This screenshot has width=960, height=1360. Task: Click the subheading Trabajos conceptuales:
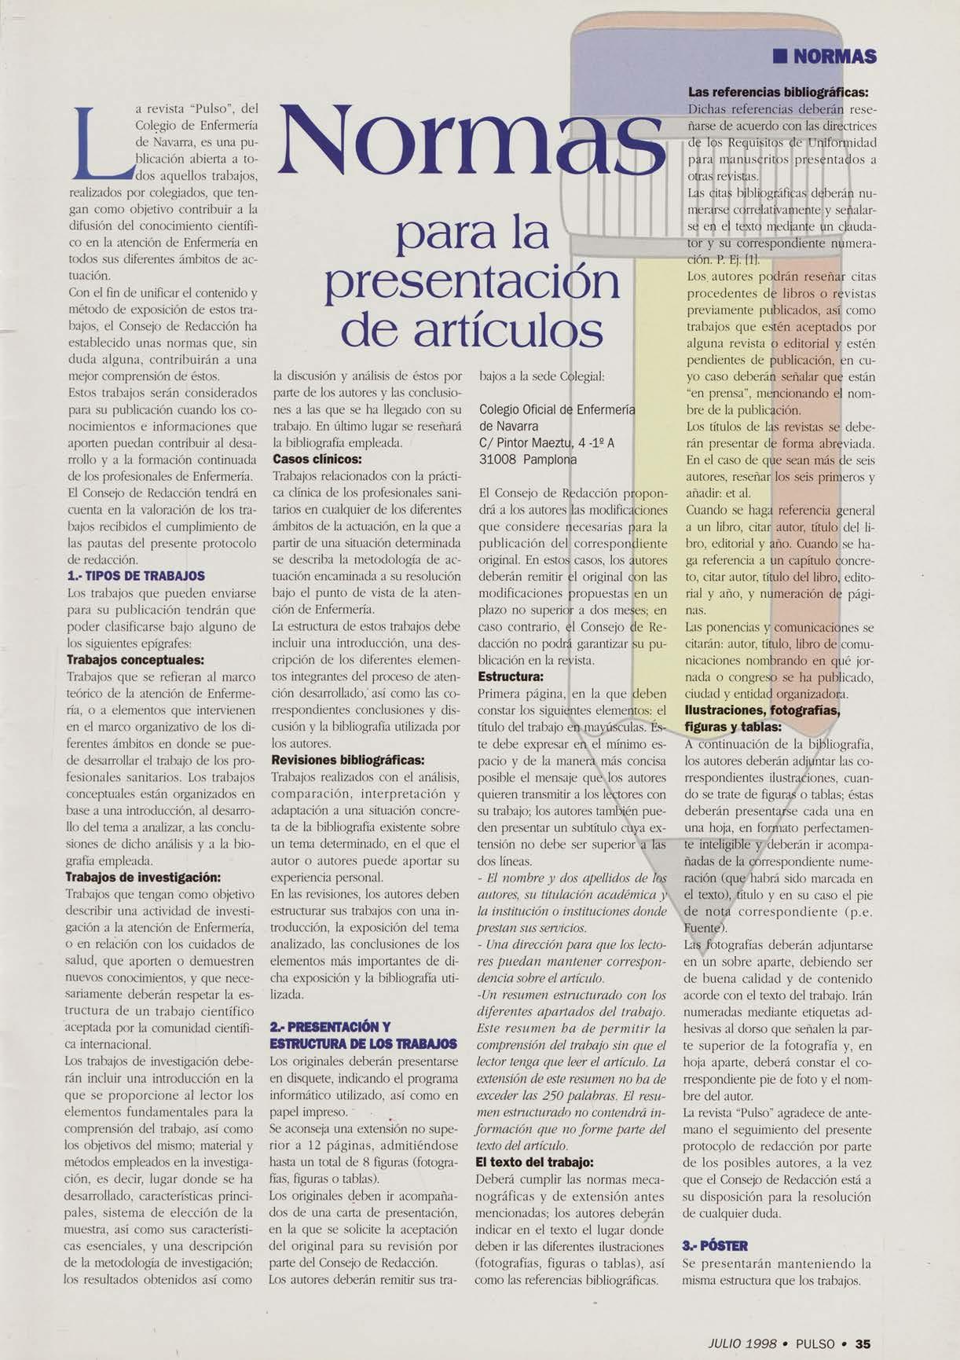point(135,660)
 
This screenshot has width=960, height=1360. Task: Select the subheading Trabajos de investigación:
point(143,877)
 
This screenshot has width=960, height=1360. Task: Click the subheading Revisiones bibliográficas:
point(347,760)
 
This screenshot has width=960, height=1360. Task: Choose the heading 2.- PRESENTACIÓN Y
point(330,1027)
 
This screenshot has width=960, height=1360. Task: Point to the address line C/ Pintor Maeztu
point(546,443)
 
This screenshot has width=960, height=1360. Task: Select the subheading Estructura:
point(511,676)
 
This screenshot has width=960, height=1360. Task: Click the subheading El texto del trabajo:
point(535,1162)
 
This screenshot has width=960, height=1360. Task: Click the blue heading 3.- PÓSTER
point(716,1245)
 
